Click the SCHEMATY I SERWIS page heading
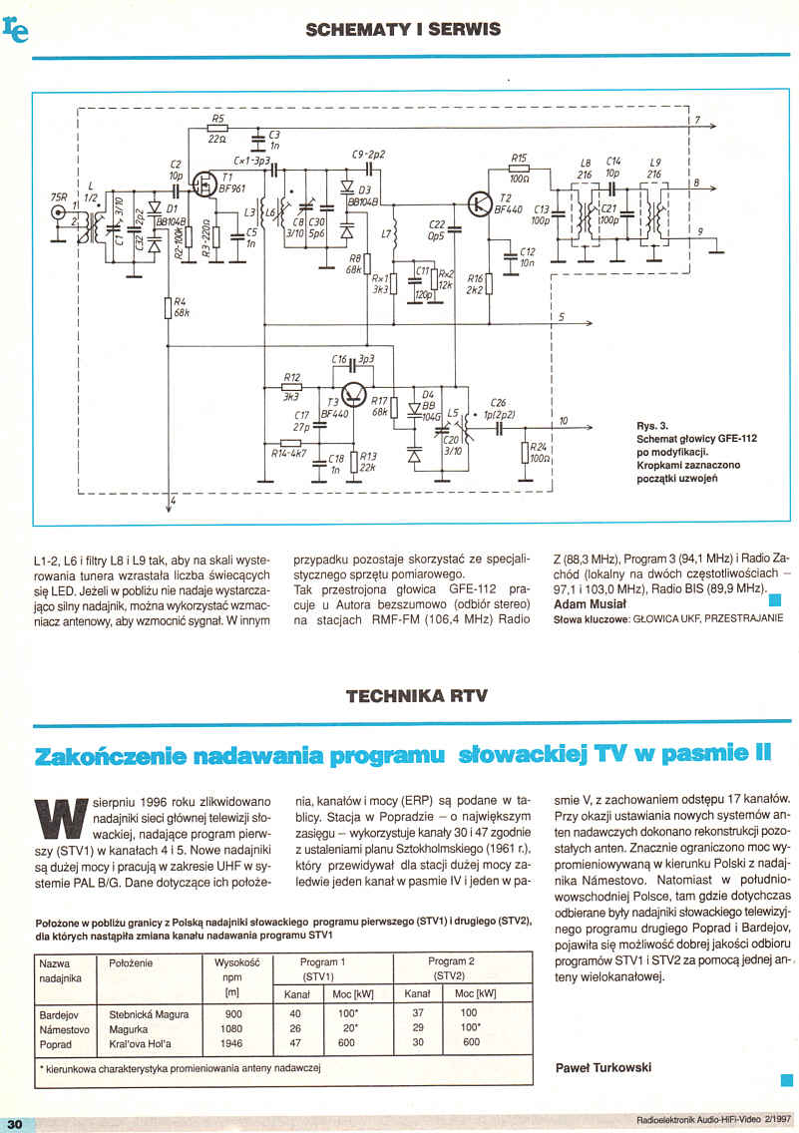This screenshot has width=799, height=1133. click(404, 30)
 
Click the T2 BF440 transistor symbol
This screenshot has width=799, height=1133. click(481, 202)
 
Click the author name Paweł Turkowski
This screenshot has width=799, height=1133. click(603, 1067)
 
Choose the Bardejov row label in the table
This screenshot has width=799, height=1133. click(59, 1013)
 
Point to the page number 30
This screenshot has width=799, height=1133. click(15, 1122)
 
